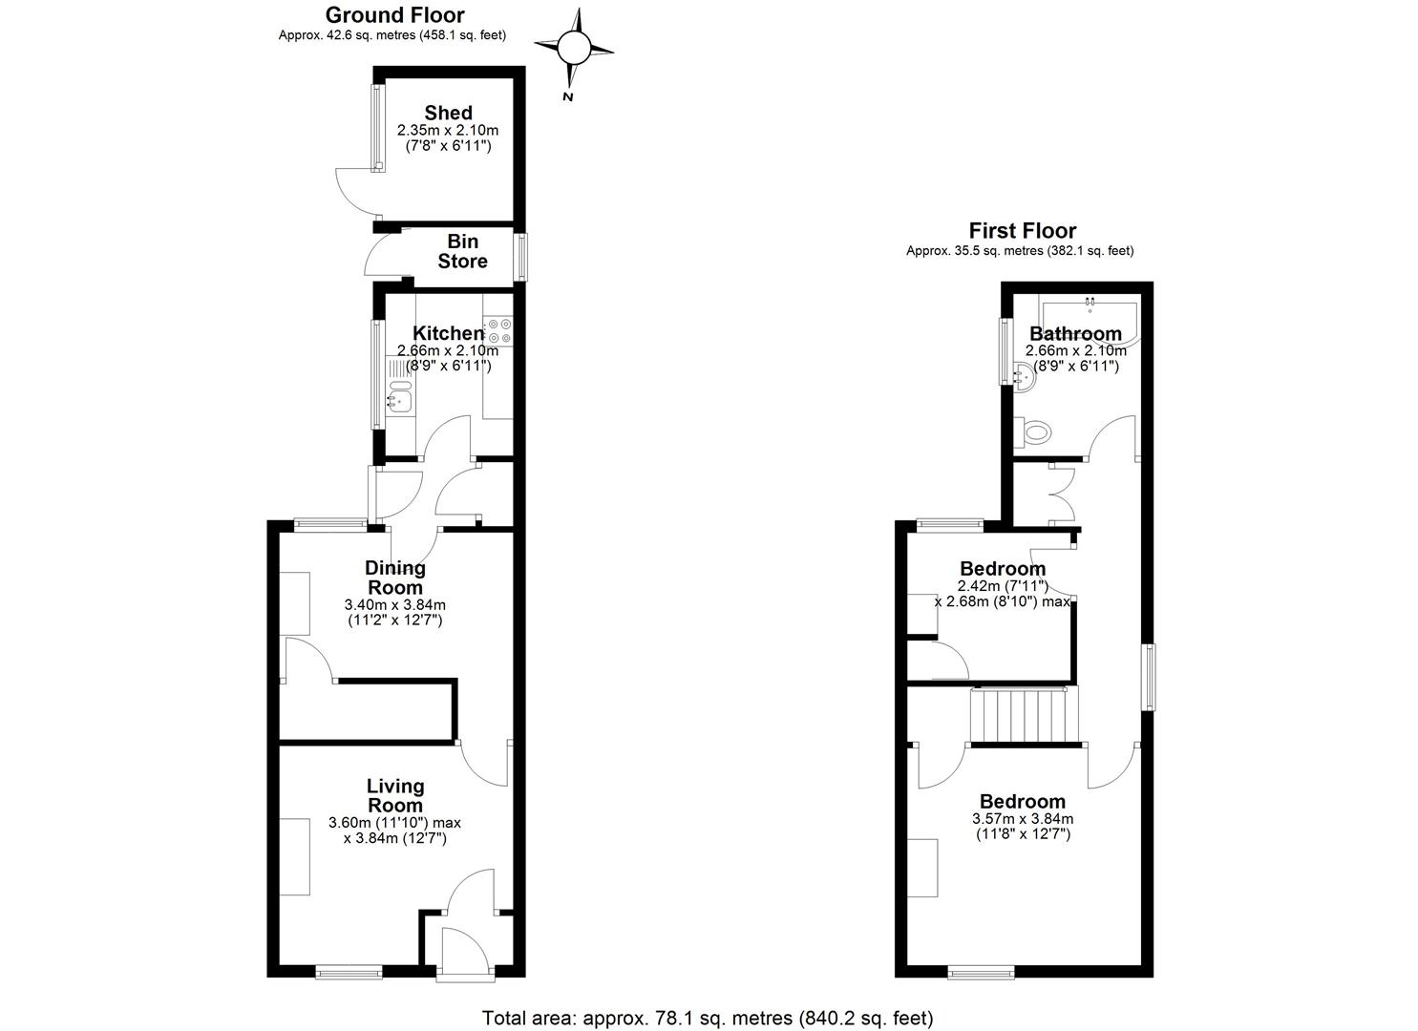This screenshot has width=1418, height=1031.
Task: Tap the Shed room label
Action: pos(448,113)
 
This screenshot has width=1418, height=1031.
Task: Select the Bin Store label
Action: pos(463,251)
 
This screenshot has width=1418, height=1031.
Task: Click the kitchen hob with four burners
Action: pos(498,331)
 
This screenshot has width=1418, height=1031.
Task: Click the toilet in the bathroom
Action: pos(1032,432)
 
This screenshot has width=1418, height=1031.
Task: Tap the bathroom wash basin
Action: pos(1025,377)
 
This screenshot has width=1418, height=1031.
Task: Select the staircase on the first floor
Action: pos(1025,715)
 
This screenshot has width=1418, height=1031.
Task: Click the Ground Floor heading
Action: pos(395,14)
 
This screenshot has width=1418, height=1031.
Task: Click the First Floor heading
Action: pos(1023,230)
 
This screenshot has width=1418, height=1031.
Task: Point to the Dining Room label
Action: pos(395,578)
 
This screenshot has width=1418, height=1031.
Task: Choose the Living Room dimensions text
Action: pos(395,831)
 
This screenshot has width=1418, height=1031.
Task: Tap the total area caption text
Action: pos(708,1018)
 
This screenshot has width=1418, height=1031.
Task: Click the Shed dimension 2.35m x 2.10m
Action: pos(448,131)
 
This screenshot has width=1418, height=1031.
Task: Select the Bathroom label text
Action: pos(1075,333)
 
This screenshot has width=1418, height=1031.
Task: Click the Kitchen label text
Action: pos(448,333)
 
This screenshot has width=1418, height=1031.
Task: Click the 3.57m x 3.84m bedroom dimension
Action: pos(1023,818)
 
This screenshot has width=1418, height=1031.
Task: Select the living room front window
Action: pos(349,971)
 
